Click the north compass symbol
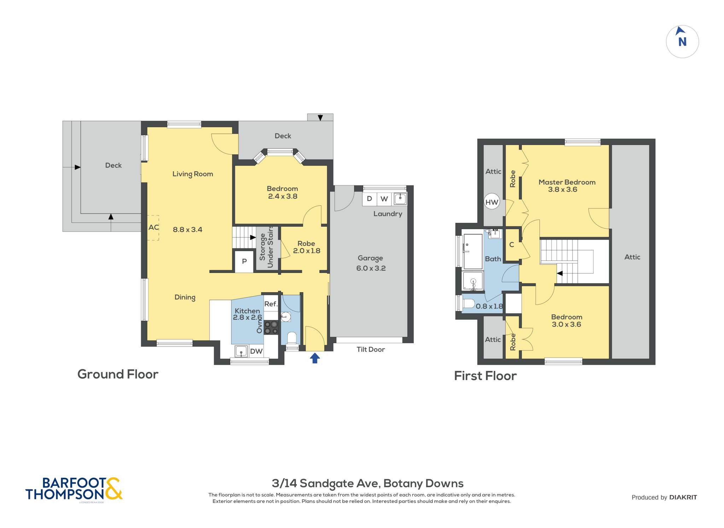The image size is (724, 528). [x=682, y=42]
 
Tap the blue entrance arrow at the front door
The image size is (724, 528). [x=315, y=358]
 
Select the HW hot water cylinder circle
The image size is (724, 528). [x=492, y=202]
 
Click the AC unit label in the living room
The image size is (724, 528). [x=153, y=227]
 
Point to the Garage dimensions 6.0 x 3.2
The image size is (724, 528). [x=371, y=268]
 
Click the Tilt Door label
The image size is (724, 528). [x=370, y=349]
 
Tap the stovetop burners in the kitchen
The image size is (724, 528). [x=271, y=327]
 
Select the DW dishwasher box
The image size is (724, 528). [x=256, y=351]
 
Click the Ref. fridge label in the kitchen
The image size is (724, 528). [x=271, y=304]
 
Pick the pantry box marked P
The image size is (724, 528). [x=244, y=262]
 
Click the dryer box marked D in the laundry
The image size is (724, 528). [x=369, y=199]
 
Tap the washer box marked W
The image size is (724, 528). [x=384, y=199]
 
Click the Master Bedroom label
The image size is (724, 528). [x=567, y=182]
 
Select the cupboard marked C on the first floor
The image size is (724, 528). [x=512, y=245]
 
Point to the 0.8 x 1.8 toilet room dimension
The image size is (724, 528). [x=489, y=306]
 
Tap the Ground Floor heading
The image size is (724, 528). [x=118, y=374]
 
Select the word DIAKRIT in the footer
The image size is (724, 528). [x=683, y=497]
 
